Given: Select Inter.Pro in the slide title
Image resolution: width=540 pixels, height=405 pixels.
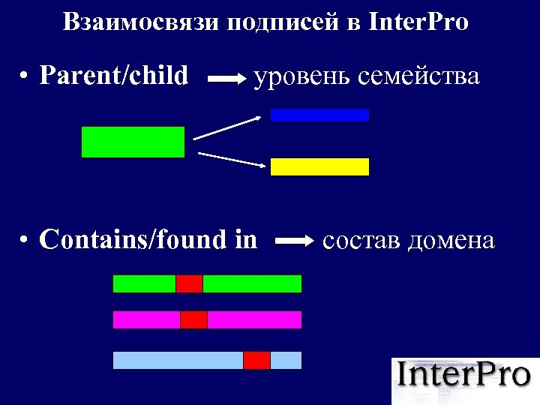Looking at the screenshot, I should pos(419,22).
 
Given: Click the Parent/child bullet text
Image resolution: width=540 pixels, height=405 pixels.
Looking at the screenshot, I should pos(114,76).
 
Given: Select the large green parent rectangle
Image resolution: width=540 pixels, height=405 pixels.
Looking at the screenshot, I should pos(133,142).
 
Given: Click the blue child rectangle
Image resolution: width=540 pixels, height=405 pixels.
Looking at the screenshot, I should pos(319,115).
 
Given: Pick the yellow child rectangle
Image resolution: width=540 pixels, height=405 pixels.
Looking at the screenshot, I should pos(319,166).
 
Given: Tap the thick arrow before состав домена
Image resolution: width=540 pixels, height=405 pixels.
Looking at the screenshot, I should pos(295,241).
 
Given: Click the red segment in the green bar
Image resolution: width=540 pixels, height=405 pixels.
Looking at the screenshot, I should pos(189,283).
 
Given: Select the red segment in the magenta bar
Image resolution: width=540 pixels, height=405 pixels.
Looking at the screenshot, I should pos(193,319).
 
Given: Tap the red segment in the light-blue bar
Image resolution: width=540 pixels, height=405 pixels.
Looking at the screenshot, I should pos(256,360).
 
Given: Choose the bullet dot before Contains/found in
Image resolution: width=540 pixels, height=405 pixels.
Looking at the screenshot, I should pos(25,241).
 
